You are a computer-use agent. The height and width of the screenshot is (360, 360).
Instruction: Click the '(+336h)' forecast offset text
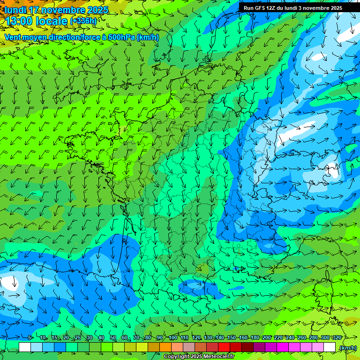point(83,21)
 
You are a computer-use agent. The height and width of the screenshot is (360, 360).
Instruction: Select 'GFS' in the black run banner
point(259,8)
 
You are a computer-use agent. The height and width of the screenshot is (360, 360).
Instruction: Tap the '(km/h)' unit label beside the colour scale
point(347,347)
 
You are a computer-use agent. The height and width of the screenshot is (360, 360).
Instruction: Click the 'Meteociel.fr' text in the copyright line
point(217,357)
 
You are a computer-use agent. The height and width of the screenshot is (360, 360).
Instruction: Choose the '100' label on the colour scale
point(173,338)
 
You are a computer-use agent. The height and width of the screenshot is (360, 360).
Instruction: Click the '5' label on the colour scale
point(30,338)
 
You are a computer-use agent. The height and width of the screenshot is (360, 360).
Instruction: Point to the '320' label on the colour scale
point(336,338)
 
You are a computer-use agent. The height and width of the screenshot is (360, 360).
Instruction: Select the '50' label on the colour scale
point(113,338)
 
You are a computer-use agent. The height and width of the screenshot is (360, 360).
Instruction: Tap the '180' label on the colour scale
point(255,338)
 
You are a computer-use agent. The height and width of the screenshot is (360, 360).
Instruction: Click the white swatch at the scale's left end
point(25,347)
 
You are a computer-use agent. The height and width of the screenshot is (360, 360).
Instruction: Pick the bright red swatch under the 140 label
point(224,347)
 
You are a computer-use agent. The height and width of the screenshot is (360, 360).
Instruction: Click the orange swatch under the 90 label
point(165,347)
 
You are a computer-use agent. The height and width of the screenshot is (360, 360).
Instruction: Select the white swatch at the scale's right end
point(330,347)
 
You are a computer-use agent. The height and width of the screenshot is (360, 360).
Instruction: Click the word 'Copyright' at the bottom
point(176,357)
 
